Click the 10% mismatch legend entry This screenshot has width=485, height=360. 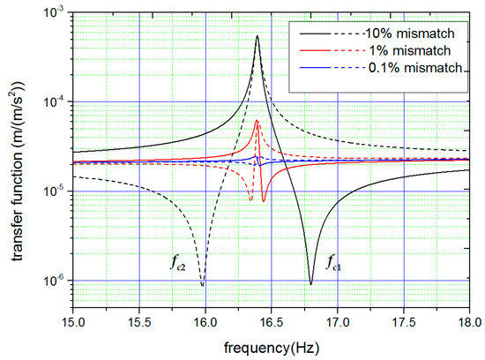[x=414, y=34]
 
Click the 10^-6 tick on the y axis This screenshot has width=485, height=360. [x=54, y=281]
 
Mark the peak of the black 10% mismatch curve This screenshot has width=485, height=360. [x=257, y=36]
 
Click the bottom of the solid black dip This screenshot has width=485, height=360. [x=310, y=283]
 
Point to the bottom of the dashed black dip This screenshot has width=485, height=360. [x=203, y=285]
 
